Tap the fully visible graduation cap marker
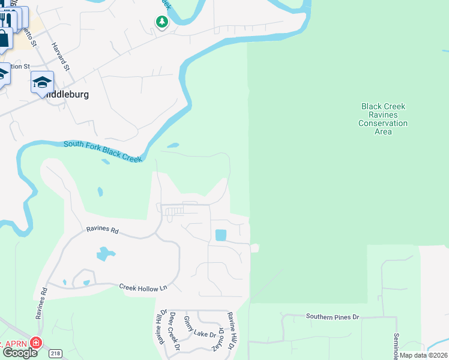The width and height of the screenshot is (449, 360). click(42, 82)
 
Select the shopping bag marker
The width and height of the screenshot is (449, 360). click(4, 38)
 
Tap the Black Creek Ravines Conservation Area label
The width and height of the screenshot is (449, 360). click(383, 119)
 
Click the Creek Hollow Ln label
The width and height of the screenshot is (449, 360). click(143, 288)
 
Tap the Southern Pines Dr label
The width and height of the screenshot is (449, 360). click(332, 316)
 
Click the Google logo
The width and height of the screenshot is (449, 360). click(20, 353)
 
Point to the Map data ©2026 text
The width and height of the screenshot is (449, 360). click(423, 355)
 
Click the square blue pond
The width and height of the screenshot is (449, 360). click(220, 235)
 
